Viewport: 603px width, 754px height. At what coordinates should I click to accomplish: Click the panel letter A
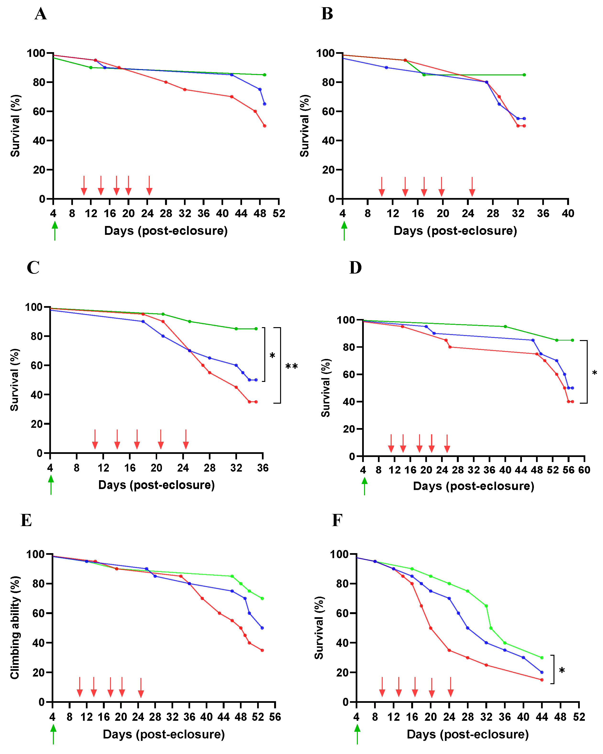pos(41,14)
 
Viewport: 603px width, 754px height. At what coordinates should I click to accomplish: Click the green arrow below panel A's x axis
pos(55,231)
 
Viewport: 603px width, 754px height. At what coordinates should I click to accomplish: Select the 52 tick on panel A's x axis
pos(279,213)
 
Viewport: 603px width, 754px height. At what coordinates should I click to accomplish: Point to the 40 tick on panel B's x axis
pos(568,213)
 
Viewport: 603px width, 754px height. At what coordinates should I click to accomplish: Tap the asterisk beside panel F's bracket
pos(562,671)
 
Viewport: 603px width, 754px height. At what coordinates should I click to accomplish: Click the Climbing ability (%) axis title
pos(14,627)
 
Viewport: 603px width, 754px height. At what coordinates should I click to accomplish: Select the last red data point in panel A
pos(264,126)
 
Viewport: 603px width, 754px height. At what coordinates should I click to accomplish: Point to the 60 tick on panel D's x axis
pos(584,470)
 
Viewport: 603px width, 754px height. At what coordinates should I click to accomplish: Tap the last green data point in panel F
pos(542,658)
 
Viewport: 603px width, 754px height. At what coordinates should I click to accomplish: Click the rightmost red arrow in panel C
pos(186,439)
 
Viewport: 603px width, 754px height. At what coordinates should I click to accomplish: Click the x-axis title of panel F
pos(467,734)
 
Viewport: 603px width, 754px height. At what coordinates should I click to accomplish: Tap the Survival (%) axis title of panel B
pos(304,126)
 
